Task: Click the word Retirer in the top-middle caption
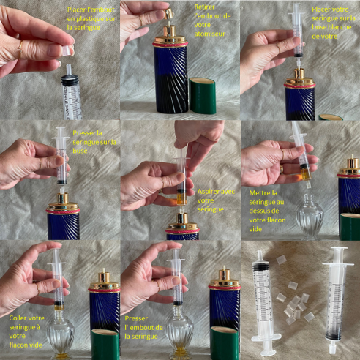pos(206,6)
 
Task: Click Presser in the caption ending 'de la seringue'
pos(137,318)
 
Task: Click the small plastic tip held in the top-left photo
pos(67,52)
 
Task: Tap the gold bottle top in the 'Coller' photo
pos(105,280)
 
